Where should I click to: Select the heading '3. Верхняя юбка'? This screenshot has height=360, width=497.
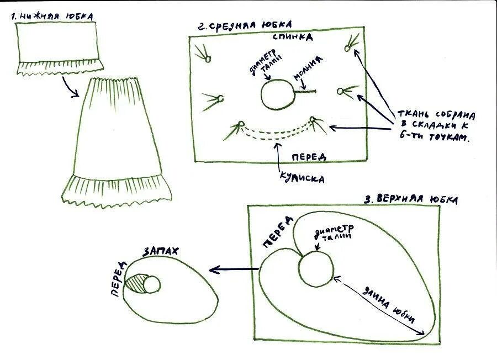(411, 199)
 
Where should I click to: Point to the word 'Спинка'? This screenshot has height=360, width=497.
(293, 37)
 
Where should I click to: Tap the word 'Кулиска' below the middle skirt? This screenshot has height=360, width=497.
(301, 178)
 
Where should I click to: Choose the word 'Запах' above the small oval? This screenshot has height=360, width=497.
(161, 251)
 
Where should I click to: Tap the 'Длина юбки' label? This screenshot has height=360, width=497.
(389, 303)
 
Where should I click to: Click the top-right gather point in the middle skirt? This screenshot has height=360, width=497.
(348, 47)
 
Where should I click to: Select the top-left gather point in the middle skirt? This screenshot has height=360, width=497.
(208, 57)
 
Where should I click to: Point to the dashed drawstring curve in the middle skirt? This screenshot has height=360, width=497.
(276, 133)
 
